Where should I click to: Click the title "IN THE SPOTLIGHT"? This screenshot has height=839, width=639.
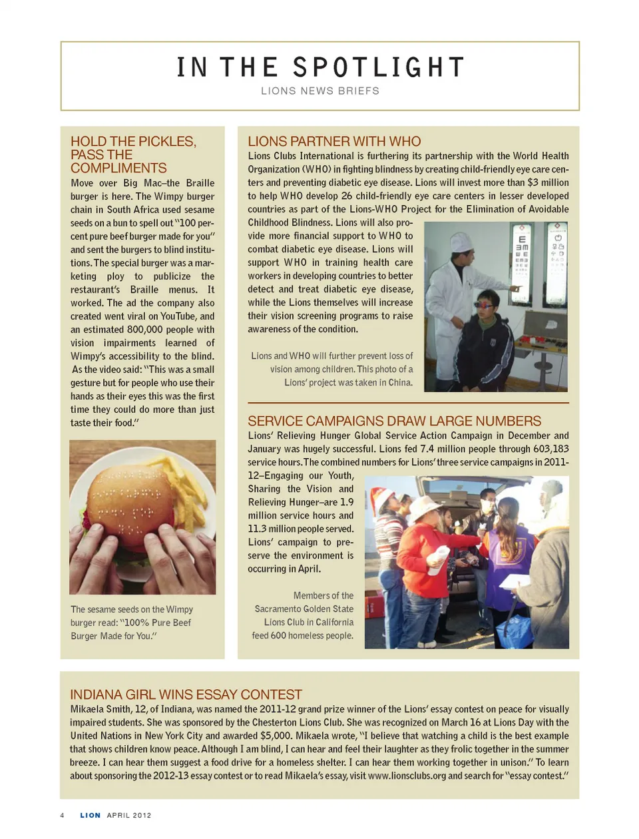click(x=320, y=67)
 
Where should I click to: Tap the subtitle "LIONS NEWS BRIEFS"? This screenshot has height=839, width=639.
click(x=320, y=91)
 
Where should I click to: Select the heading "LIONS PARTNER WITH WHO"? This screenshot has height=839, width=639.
click(x=334, y=141)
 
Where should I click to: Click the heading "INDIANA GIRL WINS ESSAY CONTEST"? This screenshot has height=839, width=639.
click(x=186, y=694)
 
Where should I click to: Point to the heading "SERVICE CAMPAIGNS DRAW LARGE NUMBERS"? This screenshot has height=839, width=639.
click(x=394, y=421)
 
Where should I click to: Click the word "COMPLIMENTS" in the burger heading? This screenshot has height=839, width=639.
click(x=118, y=168)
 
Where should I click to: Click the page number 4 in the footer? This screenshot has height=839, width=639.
click(x=63, y=815)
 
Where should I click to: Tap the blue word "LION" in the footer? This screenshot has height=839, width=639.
click(x=91, y=815)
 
